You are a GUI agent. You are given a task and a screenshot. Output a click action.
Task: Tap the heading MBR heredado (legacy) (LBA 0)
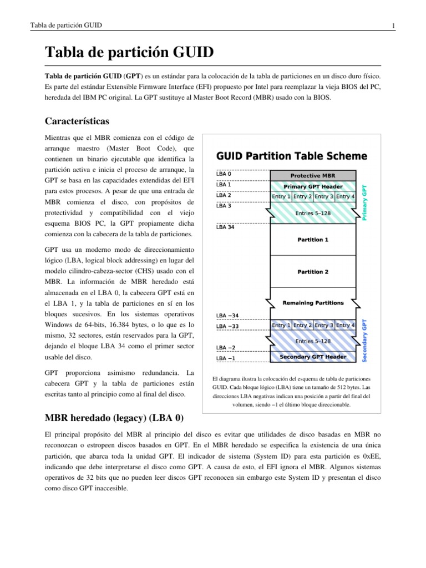pyautogui.click(x=114, y=417)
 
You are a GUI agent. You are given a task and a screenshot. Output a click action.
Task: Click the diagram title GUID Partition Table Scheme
pyautogui.click(x=291, y=156)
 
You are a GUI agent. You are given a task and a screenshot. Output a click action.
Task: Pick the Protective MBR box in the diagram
pyautogui.click(x=313, y=175)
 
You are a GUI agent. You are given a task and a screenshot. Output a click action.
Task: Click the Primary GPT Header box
pyautogui.click(x=313, y=186)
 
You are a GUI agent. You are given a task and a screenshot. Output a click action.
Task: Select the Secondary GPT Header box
pyautogui.click(x=313, y=357)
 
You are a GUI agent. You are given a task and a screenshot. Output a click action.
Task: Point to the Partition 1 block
pyautogui.click(x=313, y=240)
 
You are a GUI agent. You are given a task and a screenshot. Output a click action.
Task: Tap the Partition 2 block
pyautogui.click(x=313, y=272)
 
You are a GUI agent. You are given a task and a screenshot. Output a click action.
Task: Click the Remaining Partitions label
pyautogui.click(x=313, y=303)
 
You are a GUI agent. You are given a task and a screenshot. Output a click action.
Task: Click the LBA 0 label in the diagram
pyautogui.click(x=224, y=173)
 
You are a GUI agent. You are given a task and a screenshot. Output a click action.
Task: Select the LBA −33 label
pyautogui.click(x=227, y=326)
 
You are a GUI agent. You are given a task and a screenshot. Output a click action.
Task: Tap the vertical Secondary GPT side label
pyautogui.click(x=364, y=341)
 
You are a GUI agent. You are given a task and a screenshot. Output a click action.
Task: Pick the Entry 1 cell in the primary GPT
pyautogui.click(x=281, y=196)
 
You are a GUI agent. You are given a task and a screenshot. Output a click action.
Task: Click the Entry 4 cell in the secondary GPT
pyautogui.click(x=345, y=325)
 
